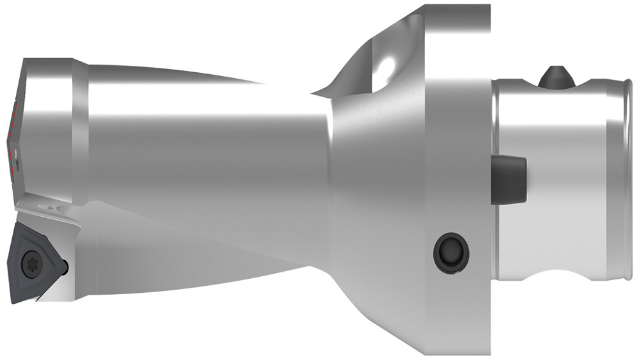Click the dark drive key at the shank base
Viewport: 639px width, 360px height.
(x=509, y=179)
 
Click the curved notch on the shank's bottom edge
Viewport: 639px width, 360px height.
(x=555, y=281)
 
